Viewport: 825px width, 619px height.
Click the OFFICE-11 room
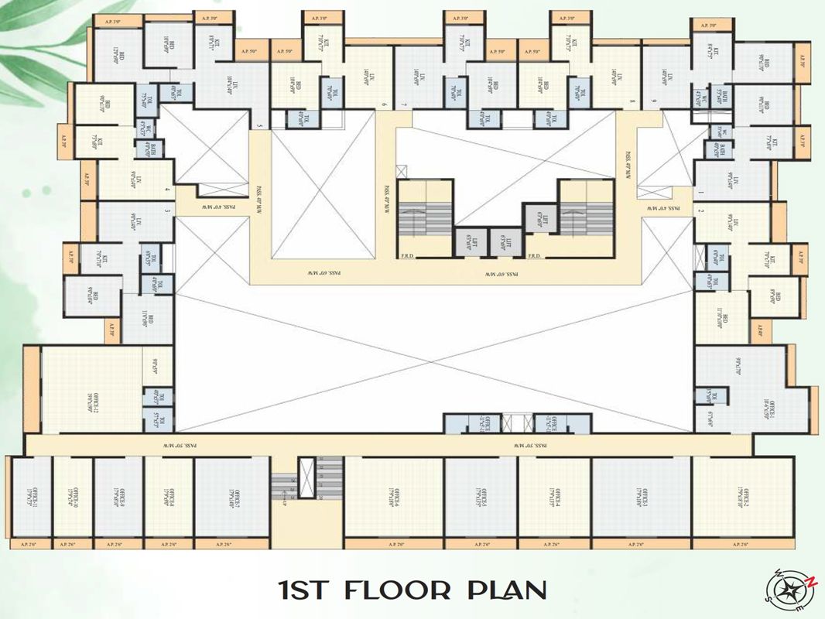tap(30, 495)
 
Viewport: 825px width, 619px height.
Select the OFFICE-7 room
tap(231, 495)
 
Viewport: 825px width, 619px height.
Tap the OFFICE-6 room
tap(393, 495)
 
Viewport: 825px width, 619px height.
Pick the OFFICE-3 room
tap(642, 495)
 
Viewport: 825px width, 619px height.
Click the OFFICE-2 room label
tap(743, 495)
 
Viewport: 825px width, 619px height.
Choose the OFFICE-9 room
tap(118, 495)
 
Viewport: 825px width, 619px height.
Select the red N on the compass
tap(811, 580)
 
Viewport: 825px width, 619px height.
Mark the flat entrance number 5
tap(259, 127)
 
